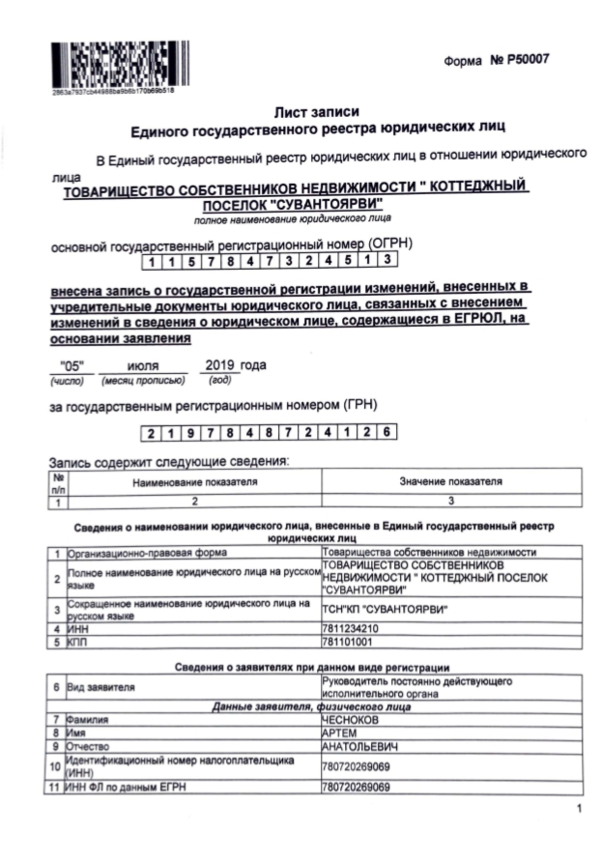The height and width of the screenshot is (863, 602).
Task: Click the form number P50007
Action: [x=511, y=61]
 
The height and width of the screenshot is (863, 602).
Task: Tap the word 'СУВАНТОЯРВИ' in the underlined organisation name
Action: [x=329, y=203]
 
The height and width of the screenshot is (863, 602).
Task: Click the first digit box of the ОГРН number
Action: [x=154, y=259]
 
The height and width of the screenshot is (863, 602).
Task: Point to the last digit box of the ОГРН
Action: [x=386, y=259]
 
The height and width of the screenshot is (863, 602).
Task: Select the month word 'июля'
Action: [x=143, y=366]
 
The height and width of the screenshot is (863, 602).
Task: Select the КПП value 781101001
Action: [x=347, y=641]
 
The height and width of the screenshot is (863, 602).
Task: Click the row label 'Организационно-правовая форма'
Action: [x=146, y=552]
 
